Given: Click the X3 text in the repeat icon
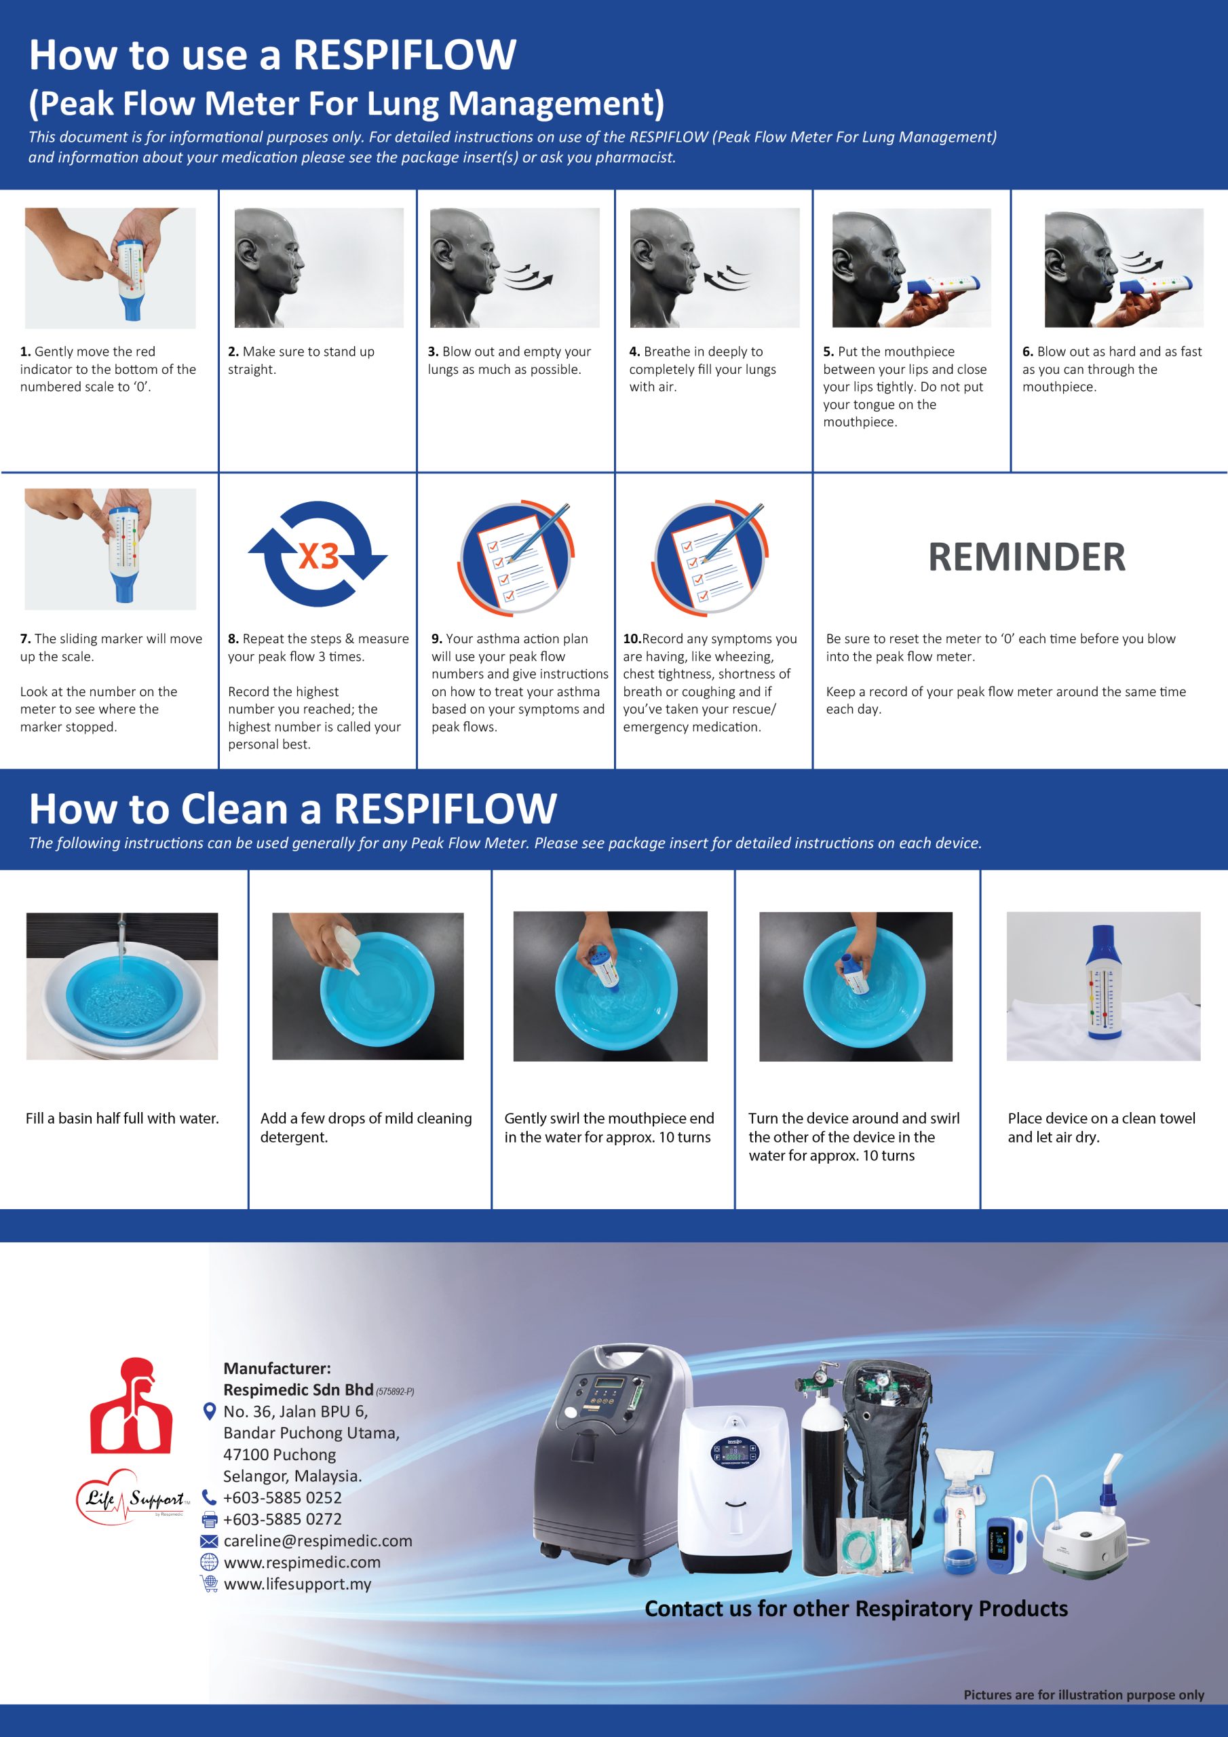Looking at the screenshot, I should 319,557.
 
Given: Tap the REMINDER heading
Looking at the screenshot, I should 1026,558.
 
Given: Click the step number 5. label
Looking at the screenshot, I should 828,351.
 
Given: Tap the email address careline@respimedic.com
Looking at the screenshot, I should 318,1540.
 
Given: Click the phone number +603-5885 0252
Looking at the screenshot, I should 282,1497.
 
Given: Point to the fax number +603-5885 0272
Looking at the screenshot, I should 282,1519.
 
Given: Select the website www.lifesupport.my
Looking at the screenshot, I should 297,1584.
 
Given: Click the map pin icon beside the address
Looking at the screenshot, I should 210,1411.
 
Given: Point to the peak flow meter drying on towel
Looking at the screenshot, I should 1103,983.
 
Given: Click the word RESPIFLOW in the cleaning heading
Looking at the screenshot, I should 445,809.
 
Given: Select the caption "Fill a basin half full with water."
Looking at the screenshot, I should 122,1118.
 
